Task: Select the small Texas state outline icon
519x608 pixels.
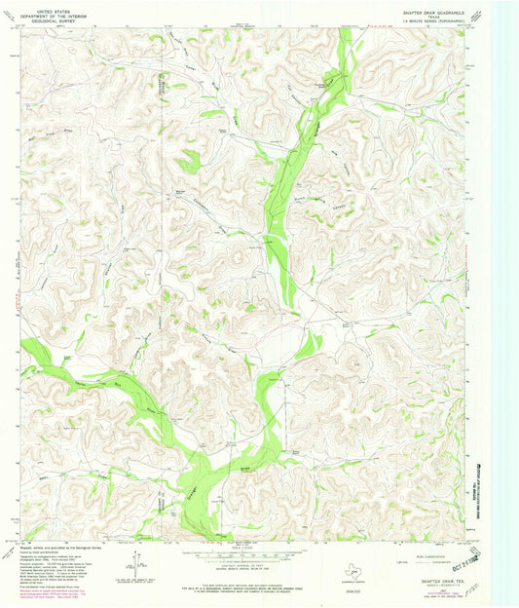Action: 356,571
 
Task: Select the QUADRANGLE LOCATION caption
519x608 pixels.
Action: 356,583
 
